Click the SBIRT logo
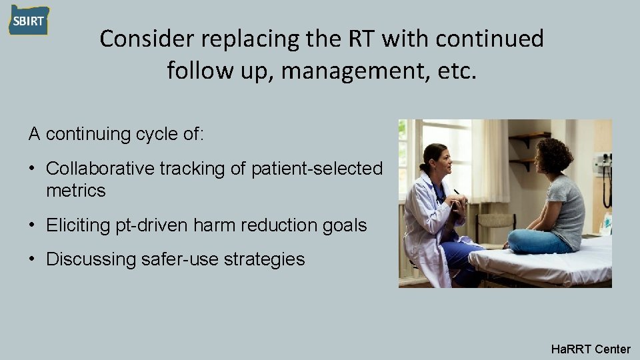[x=29, y=20]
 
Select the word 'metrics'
[x=76, y=191]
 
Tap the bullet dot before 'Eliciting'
[x=32, y=225]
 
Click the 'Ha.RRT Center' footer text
[x=591, y=349]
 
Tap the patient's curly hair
[x=554, y=155]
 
